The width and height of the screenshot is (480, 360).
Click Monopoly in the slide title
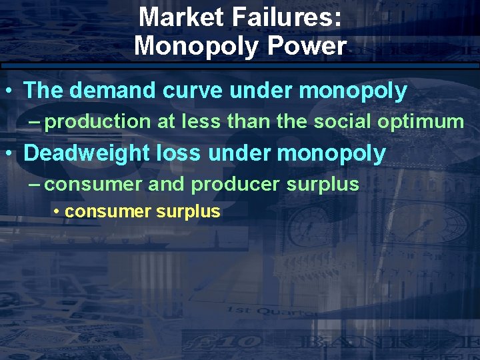point(197,46)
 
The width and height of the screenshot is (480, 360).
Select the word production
point(99,121)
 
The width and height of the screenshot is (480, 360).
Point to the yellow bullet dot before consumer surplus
point(59,212)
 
